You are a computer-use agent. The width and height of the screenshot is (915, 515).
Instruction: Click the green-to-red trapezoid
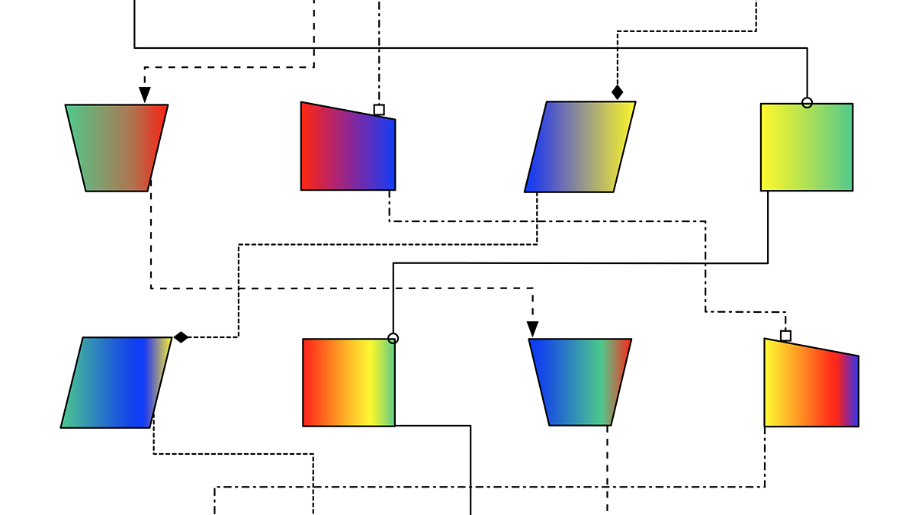[117, 147]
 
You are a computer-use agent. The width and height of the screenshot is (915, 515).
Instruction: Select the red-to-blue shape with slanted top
[348, 149]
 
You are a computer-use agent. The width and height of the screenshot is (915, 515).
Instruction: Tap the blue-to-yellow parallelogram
[580, 146]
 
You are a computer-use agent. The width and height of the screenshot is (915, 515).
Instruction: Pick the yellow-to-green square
[807, 147]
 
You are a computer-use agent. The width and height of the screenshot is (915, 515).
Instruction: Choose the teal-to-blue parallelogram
[117, 382]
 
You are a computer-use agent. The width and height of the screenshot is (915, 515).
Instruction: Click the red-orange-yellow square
[348, 382]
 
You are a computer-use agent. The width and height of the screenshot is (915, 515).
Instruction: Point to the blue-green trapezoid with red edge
[580, 381]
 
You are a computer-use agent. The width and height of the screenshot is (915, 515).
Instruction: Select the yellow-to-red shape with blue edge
[811, 385]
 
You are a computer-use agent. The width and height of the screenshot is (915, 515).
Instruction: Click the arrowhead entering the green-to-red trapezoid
[144, 95]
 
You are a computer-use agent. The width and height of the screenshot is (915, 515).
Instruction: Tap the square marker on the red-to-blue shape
[379, 110]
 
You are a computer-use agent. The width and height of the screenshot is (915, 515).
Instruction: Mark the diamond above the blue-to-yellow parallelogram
[618, 92]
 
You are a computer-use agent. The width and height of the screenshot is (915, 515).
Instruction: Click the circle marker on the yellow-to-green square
[807, 102]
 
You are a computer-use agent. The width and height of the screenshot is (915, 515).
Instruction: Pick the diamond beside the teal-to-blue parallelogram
[181, 337]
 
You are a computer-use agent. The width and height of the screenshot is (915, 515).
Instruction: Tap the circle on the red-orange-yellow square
[393, 339]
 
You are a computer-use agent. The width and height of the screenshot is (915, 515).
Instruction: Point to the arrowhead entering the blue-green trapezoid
[533, 329]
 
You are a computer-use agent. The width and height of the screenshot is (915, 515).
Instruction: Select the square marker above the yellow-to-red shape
[785, 336]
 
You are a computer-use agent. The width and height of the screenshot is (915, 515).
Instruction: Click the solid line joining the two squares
[579, 263]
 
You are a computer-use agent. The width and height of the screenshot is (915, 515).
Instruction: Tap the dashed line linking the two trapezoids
[343, 288]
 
